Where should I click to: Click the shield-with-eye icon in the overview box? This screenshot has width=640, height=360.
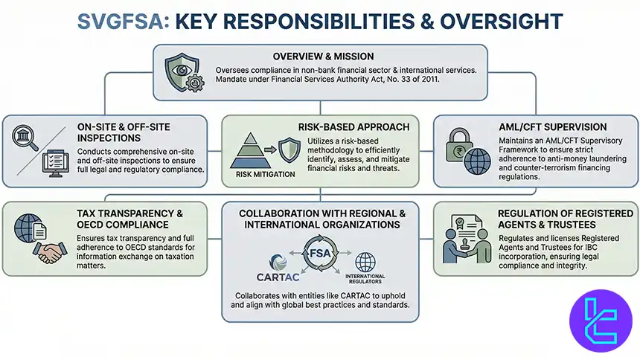182,72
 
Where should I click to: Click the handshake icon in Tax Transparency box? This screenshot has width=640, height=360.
50,253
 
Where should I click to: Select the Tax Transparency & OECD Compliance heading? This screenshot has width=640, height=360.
128,220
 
